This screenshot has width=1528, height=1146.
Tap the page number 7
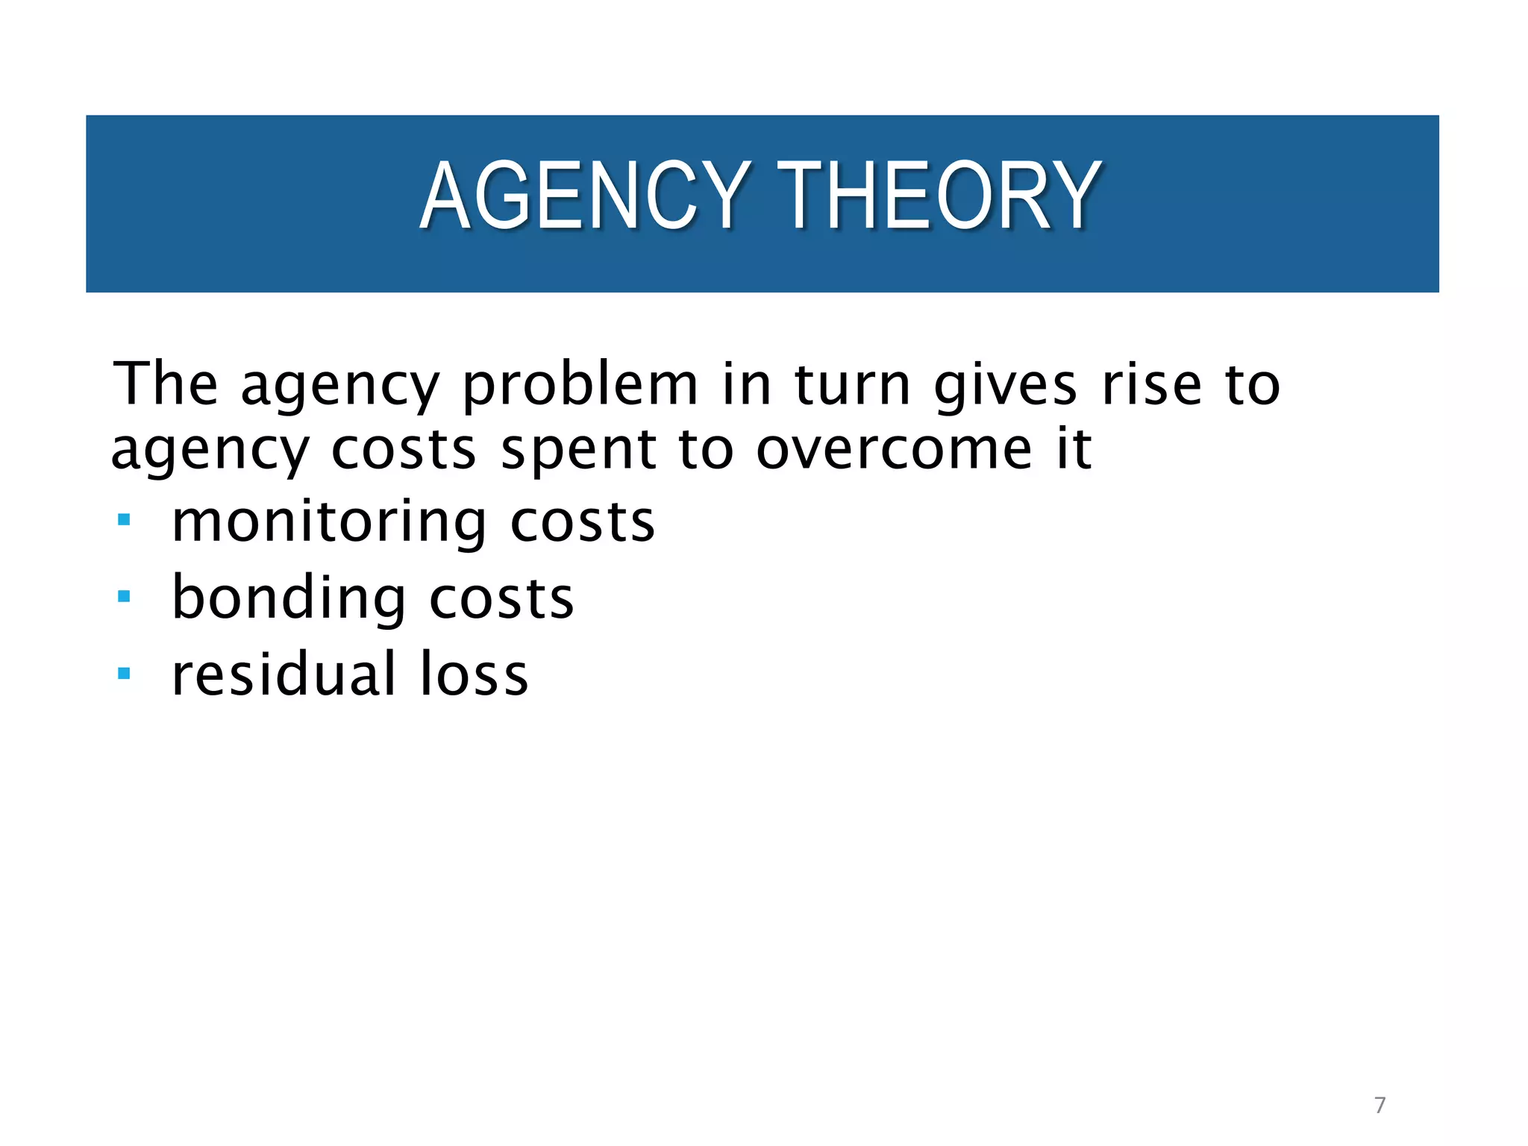[1380, 1105]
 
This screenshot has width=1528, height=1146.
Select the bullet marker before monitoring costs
[124, 519]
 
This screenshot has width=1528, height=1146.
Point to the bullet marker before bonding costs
[124, 596]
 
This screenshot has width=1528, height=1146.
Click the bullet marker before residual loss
[124, 674]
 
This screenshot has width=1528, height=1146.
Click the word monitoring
[329, 522]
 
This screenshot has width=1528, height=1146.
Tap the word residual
[284, 674]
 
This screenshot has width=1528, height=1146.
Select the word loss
[474, 674]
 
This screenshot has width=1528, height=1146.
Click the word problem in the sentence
[580, 386]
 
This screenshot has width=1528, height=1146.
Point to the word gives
[1005, 386]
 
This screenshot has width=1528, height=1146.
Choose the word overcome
[894, 450]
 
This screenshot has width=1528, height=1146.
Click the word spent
[578, 451]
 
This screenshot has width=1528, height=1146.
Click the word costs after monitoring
[582, 522]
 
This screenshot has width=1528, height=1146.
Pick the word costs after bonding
[501, 599]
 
